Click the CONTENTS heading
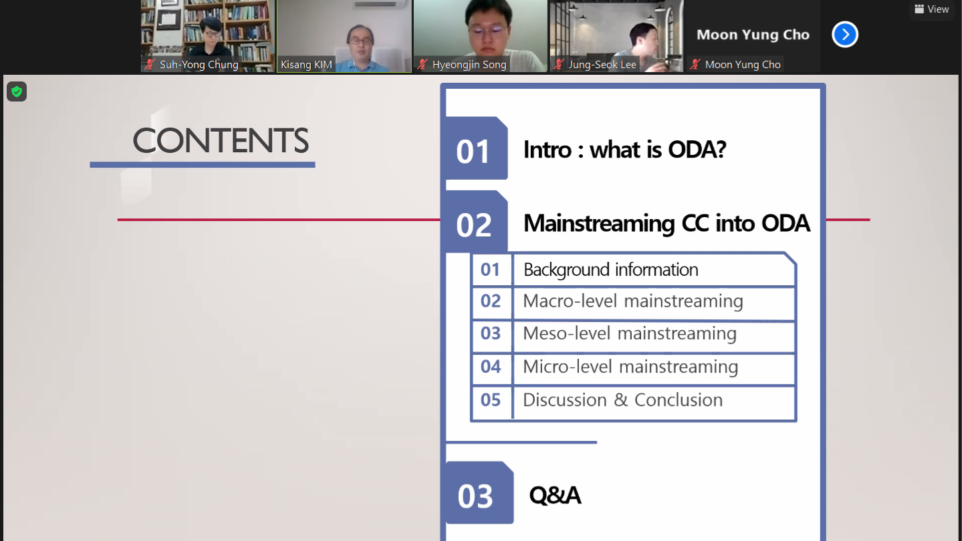pyautogui.click(x=221, y=140)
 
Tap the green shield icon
pyautogui.click(x=17, y=92)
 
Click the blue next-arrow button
pyautogui.click(x=845, y=34)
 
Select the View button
pyautogui.click(x=931, y=9)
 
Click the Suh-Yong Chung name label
pyautogui.click(x=199, y=65)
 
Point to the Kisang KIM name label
pyautogui.click(x=306, y=65)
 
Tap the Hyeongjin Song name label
pyautogui.click(x=469, y=65)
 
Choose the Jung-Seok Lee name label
pyautogui.click(x=602, y=65)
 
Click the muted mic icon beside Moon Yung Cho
pyautogui.click(x=695, y=65)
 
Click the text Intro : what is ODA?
pyautogui.click(x=624, y=150)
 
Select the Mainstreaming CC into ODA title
pyautogui.click(x=667, y=224)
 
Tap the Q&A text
pyautogui.click(x=555, y=495)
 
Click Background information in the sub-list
pyautogui.click(x=611, y=270)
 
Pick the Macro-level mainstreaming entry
pyautogui.click(x=632, y=301)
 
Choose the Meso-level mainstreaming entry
pyautogui.click(x=630, y=333)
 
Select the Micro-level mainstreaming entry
pyautogui.click(x=630, y=367)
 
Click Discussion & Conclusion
pyautogui.click(x=622, y=400)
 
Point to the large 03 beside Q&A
pyautogui.click(x=475, y=497)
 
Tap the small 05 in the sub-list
pyautogui.click(x=491, y=400)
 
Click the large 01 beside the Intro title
pyautogui.click(x=473, y=152)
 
